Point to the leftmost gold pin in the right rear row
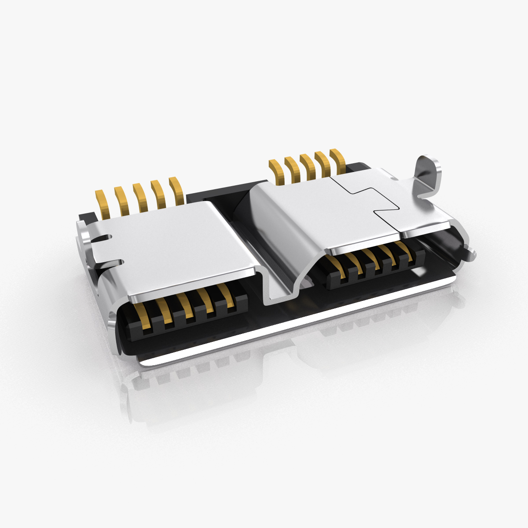click(x=275, y=172)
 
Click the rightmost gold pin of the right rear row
click(x=337, y=161)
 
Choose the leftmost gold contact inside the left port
click(x=142, y=317)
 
